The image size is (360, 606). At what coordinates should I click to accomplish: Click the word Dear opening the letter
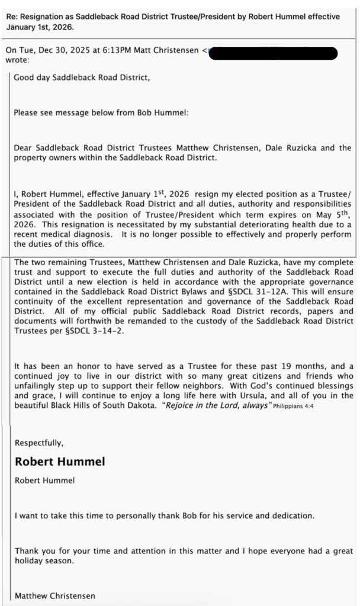coord(24,147)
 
